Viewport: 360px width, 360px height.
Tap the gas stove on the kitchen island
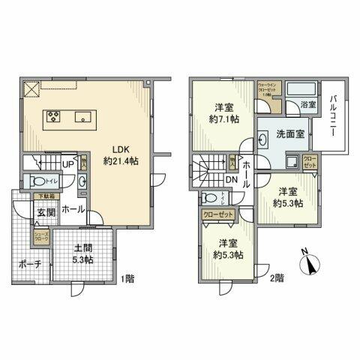[55, 116]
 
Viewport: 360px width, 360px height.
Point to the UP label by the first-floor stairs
[67, 165]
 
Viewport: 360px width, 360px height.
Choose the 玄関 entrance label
[46, 212]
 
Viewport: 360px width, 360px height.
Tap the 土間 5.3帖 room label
[82, 254]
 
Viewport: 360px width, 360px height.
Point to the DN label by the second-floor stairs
[232, 180]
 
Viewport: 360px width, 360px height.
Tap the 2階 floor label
[277, 278]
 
